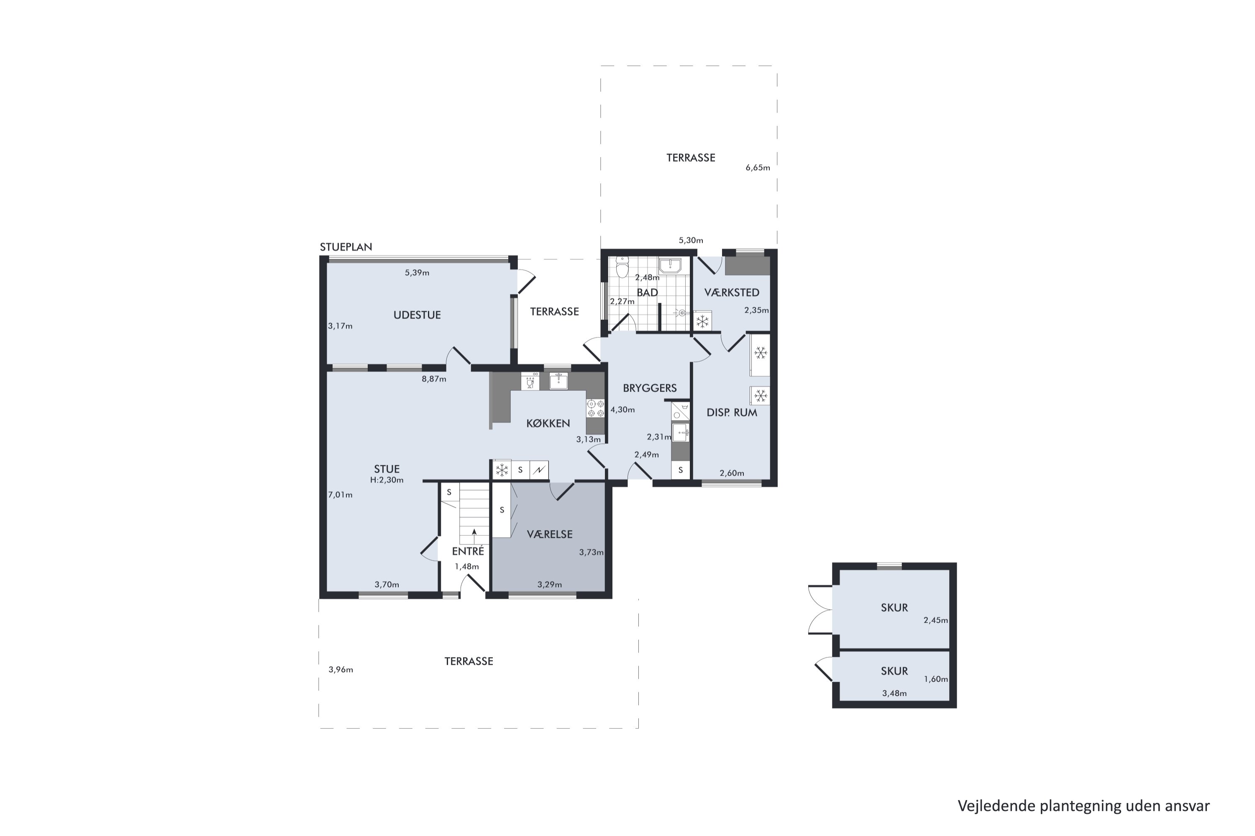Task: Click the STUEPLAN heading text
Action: click(x=346, y=247)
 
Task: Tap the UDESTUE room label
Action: click(x=417, y=315)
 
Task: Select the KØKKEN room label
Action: click(x=548, y=423)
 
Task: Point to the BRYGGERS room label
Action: click(x=649, y=388)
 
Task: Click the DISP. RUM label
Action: click(x=732, y=412)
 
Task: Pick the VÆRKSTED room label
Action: click(x=732, y=292)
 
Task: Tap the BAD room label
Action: click(x=647, y=292)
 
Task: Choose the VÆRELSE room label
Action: click(x=550, y=534)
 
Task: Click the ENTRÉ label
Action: click(x=468, y=551)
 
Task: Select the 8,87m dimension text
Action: click(x=434, y=379)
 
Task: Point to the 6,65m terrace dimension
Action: click(x=758, y=168)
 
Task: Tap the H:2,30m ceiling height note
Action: click(x=387, y=480)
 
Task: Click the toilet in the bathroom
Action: click(x=622, y=267)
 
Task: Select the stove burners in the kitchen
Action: click(x=595, y=408)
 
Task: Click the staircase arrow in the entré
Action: click(x=474, y=536)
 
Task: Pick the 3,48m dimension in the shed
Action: click(x=894, y=693)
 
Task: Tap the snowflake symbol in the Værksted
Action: click(x=703, y=321)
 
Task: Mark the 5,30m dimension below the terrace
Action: click(x=691, y=240)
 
